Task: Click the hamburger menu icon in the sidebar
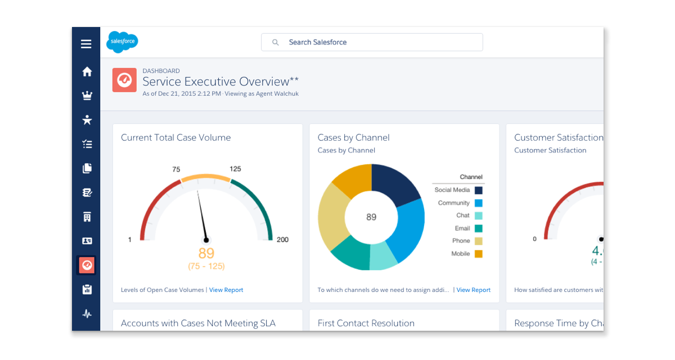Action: click(86, 44)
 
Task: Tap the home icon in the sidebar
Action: click(87, 71)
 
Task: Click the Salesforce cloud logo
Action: click(122, 42)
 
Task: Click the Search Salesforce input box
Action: click(372, 42)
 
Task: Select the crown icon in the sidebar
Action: click(87, 96)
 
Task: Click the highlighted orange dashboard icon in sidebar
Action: click(87, 265)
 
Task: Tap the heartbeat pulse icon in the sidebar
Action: click(87, 314)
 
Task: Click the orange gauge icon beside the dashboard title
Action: click(124, 80)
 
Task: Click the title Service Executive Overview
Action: click(220, 82)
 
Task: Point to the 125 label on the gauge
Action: click(235, 169)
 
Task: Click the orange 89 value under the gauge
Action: click(206, 254)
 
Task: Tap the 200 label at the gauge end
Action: click(282, 240)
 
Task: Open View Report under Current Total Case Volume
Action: click(226, 290)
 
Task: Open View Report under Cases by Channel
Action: click(473, 290)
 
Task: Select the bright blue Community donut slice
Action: click(409, 231)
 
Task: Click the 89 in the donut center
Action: click(371, 217)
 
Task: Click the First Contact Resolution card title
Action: click(366, 323)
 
